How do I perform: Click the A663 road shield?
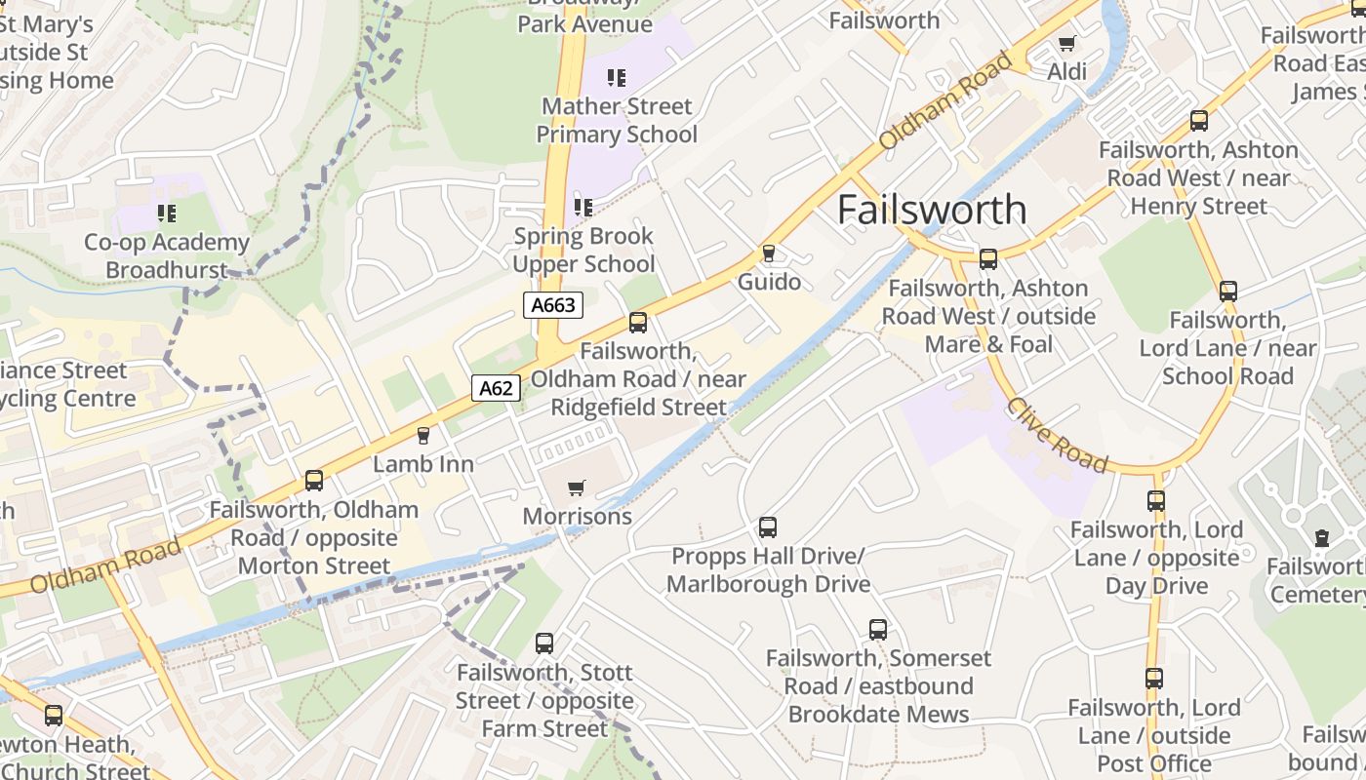click(553, 305)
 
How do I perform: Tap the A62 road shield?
click(496, 388)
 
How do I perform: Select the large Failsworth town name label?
click(932, 210)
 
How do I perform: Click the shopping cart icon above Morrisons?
click(577, 487)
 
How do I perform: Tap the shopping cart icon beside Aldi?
click(1066, 43)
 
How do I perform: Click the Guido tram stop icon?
click(769, 253)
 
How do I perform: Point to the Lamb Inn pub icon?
click(423, 435)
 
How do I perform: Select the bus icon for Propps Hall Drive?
click(768, 527)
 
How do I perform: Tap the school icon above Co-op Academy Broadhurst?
click(167, 213)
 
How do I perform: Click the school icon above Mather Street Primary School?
click(616, 77)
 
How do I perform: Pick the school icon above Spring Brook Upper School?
click(583, 207)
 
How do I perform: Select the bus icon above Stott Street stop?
click(544, 643)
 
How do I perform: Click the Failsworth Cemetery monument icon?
click(1322, 537)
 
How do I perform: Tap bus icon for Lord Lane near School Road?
click(1228, 291)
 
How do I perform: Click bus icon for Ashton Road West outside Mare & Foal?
click(988, 259)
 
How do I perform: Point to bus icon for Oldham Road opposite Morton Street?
click(314, 481)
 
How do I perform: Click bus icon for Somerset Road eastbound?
click(878, 630)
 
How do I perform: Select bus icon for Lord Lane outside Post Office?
click(1154, 679)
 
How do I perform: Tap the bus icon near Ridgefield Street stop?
click(638, 323)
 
